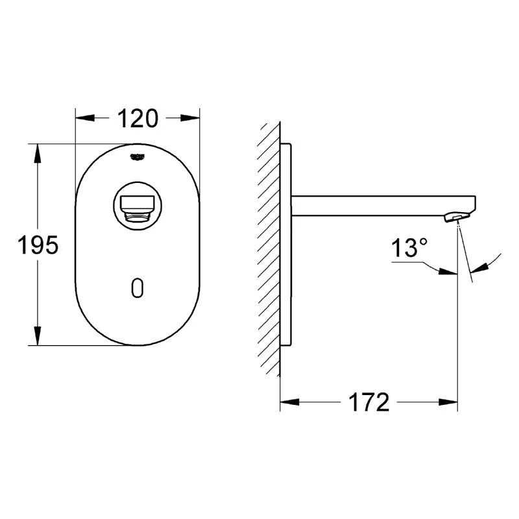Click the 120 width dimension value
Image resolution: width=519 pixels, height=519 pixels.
[x=137, y=119]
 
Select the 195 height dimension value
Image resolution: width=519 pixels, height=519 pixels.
[x=38, y=245]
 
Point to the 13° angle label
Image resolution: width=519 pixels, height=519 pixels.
[x=409, y=248]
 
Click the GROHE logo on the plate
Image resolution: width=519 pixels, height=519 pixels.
[x=138, y=156]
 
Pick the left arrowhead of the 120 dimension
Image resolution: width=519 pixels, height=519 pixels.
[x=84, y=118]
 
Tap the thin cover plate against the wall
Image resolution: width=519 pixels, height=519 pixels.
[x=286, y=247]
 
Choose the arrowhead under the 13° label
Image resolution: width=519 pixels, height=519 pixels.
[x=447, y=271]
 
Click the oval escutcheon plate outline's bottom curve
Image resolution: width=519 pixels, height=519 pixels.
[x=137, y=344]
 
